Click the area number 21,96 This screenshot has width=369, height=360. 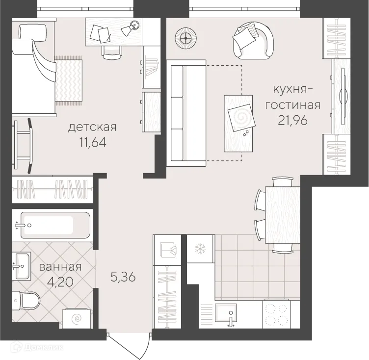[x=293, y=121]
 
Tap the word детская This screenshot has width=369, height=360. [x=92, y=127]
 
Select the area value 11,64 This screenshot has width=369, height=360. [x=93, y=142]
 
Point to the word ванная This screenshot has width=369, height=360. [x=60, y=267]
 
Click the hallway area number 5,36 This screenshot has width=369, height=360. [x=123, y=277]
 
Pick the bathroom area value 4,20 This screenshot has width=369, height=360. [x=60, y=282]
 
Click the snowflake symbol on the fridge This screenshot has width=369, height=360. [x=200, y=249]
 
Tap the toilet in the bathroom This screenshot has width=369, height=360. [x=26, y=301]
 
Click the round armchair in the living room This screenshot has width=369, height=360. [x=253, y=40]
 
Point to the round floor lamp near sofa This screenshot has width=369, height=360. [x=186, y=38]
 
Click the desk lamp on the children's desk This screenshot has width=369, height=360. [x=131, y=28]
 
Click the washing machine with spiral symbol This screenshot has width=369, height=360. [x=77, y=318]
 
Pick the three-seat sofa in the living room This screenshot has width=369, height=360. [x=186, y=113]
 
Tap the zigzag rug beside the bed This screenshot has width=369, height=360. [x=69, y=80]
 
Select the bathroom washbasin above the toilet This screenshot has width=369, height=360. [x=21, y=266]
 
